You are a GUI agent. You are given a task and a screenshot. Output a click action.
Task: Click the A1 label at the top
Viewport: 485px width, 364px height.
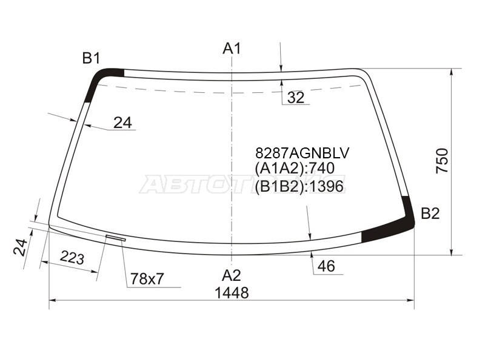[232, 49]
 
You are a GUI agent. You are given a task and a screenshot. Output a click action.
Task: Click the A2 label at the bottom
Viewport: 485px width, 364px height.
[232, 275]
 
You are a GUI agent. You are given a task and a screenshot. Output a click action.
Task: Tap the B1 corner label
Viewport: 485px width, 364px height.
[92, 58]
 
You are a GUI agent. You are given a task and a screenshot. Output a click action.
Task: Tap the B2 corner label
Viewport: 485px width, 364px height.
[430, 214]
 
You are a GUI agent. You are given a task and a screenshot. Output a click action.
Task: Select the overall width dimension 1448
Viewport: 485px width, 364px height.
[232, 292]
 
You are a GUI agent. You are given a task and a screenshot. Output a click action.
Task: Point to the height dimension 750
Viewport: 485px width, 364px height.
[442, 161]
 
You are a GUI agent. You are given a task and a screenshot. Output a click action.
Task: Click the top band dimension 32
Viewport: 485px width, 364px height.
[296, 98]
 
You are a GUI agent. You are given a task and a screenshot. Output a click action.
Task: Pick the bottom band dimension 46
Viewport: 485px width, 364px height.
[326, 266]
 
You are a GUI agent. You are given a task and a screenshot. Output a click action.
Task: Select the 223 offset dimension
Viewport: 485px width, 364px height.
[72, 257]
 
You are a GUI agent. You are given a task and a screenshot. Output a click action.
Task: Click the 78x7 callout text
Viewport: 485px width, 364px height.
[147, 279]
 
